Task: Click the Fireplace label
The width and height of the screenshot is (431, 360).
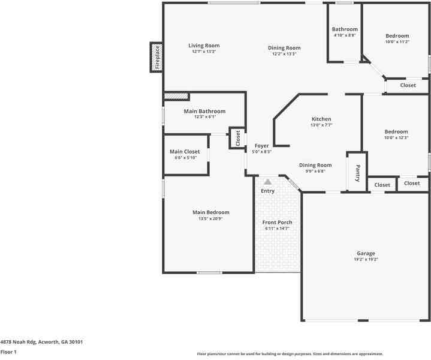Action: point(157,57)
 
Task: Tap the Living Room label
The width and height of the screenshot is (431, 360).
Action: point(204,46)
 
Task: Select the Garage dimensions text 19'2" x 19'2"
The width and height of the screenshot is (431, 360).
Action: point(366,259)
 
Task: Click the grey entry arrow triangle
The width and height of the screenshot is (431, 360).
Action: point(268,182)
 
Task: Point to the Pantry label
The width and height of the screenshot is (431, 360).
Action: point(358,173)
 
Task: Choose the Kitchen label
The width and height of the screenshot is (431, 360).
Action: point(321,119)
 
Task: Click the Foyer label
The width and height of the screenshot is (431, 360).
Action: point(262,146)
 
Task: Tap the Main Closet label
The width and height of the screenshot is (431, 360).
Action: point(185,152)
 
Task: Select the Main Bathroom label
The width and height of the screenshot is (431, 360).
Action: point(204,111)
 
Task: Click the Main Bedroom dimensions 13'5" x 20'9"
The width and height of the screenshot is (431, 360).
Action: point(210,219)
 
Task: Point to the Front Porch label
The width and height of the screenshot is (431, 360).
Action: point(277,223)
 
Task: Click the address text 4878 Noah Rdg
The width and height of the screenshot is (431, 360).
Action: point(18,342)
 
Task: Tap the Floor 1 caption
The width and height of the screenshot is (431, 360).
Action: point(8,352)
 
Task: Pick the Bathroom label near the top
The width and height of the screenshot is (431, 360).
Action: point(345,29)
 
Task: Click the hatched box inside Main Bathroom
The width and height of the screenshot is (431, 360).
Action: point(176,96)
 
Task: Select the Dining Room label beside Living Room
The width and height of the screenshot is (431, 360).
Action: point(284,48)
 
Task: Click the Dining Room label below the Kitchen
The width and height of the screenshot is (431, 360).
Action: point(315,165)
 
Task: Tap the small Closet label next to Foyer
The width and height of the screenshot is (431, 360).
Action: point(238,139)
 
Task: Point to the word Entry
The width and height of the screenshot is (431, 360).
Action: point(268,191)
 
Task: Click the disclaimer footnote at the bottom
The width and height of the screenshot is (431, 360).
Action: point(290,354)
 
